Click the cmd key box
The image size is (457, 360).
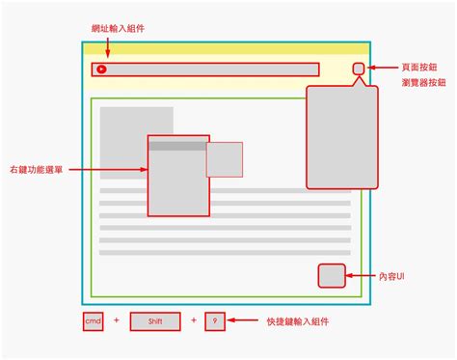pyautogui.click(x=93, y=320)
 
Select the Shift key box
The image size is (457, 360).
pyautogui.click(x=155, y=320)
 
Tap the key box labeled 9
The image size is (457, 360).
pyautogui.click(x=215, y=320)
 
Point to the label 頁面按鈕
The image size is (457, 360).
pyautogui.click(x=423, y=68)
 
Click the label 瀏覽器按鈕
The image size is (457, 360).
pyautogui.click(x=423, y=83)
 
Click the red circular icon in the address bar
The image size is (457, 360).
pyautogui.click(x=101, y=69)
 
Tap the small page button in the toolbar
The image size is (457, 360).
pyautogui.click(x=358, y=69)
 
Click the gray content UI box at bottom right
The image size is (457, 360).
pyautogui.click(x=332, y=276)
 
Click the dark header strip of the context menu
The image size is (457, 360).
pyautogui.click(x=177, y=147)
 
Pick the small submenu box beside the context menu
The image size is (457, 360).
pyautogui.click(x=224, y=159)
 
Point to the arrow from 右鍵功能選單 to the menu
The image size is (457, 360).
pyautogui.click(x=106, y=170)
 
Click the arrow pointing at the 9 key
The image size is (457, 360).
pyautogui.click(x=245, y=320)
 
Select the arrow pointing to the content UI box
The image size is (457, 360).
pyautogui.click(x=361, y=276)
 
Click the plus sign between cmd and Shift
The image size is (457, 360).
pyautogui.click(x=117, y=320)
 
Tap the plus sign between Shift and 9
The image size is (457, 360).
pyautogui.click(x=193, y=320)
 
